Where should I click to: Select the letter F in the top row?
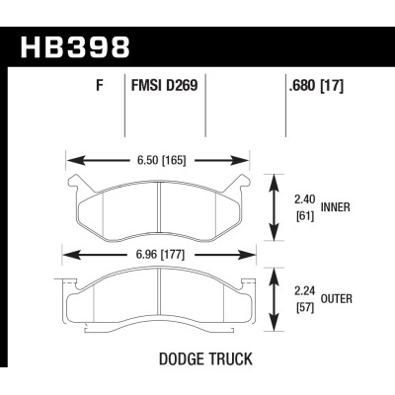(x=100, y=86)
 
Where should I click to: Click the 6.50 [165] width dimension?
(x=158, y=156)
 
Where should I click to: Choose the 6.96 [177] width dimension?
(x=158, y=254)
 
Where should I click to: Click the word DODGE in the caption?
(x=180, y=361)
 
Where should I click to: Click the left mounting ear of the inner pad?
(x=73, y=183)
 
